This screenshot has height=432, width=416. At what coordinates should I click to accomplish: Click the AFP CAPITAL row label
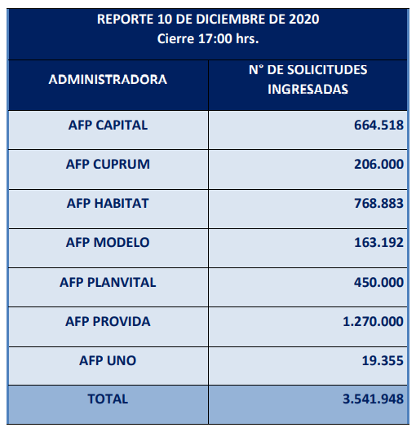click(x=108, y=126)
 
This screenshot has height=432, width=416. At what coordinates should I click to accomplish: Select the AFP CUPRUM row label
click(x=108, y=164)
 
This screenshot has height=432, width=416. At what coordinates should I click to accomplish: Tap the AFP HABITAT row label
click(x=108, y=203)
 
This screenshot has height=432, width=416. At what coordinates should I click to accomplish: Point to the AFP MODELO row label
click(x=108, y=242)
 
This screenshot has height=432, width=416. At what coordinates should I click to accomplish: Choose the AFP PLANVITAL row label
click(x=108, y=282)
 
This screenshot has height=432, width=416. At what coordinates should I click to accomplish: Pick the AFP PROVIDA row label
click(x=108, y=321)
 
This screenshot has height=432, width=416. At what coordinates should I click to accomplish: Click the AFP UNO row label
click(x=108, y=360)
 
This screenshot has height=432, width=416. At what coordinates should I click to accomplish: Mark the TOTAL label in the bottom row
click(x=108, y=399)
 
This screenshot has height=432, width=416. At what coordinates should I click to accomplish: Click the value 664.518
click(x=378, y=126)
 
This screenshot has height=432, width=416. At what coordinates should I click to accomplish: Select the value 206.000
click(x=378, y=164)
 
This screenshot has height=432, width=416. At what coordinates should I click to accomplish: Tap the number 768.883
click(x=378, y=203)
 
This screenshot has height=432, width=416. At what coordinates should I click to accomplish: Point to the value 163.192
click(x=378, y=242)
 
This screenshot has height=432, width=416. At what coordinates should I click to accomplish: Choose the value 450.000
click(x=378, y=282)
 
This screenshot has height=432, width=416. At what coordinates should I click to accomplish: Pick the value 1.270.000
click(x=374, y=321)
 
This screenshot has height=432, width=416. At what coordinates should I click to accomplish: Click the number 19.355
click(x=383, y=360)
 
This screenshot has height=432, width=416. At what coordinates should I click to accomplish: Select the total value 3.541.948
click(x=374, y=399)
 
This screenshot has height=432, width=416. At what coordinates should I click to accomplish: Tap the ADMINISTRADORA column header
click(x=108, y=80)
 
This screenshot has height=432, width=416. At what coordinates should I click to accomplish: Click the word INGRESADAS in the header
click(x=308, y=90)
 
